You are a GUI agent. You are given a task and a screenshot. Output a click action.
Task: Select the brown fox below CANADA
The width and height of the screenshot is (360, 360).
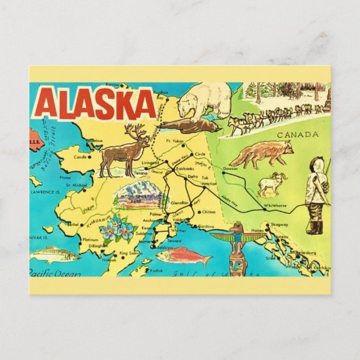pos(260,154)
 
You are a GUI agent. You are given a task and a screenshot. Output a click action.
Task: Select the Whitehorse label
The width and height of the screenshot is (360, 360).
pos(276,204)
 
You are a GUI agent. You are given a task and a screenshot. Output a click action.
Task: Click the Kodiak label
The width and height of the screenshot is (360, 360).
pos(156,270)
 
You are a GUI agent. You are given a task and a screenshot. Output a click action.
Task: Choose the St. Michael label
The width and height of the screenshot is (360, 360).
pos(77,185)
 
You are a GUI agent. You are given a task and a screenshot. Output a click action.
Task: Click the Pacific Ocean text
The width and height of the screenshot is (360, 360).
pos(54,272)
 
